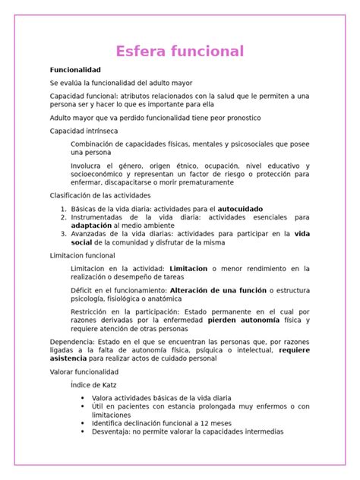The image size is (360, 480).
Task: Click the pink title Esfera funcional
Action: pos(179,52)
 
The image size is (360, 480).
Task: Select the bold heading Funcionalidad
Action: pos(75,70)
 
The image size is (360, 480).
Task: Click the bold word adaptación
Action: pos(90,226)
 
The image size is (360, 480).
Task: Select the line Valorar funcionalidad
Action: pos(84,373)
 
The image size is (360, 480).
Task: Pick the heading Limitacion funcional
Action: pos(83,256)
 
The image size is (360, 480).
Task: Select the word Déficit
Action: pos(84,290)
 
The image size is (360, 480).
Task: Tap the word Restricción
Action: pos(92,311)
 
